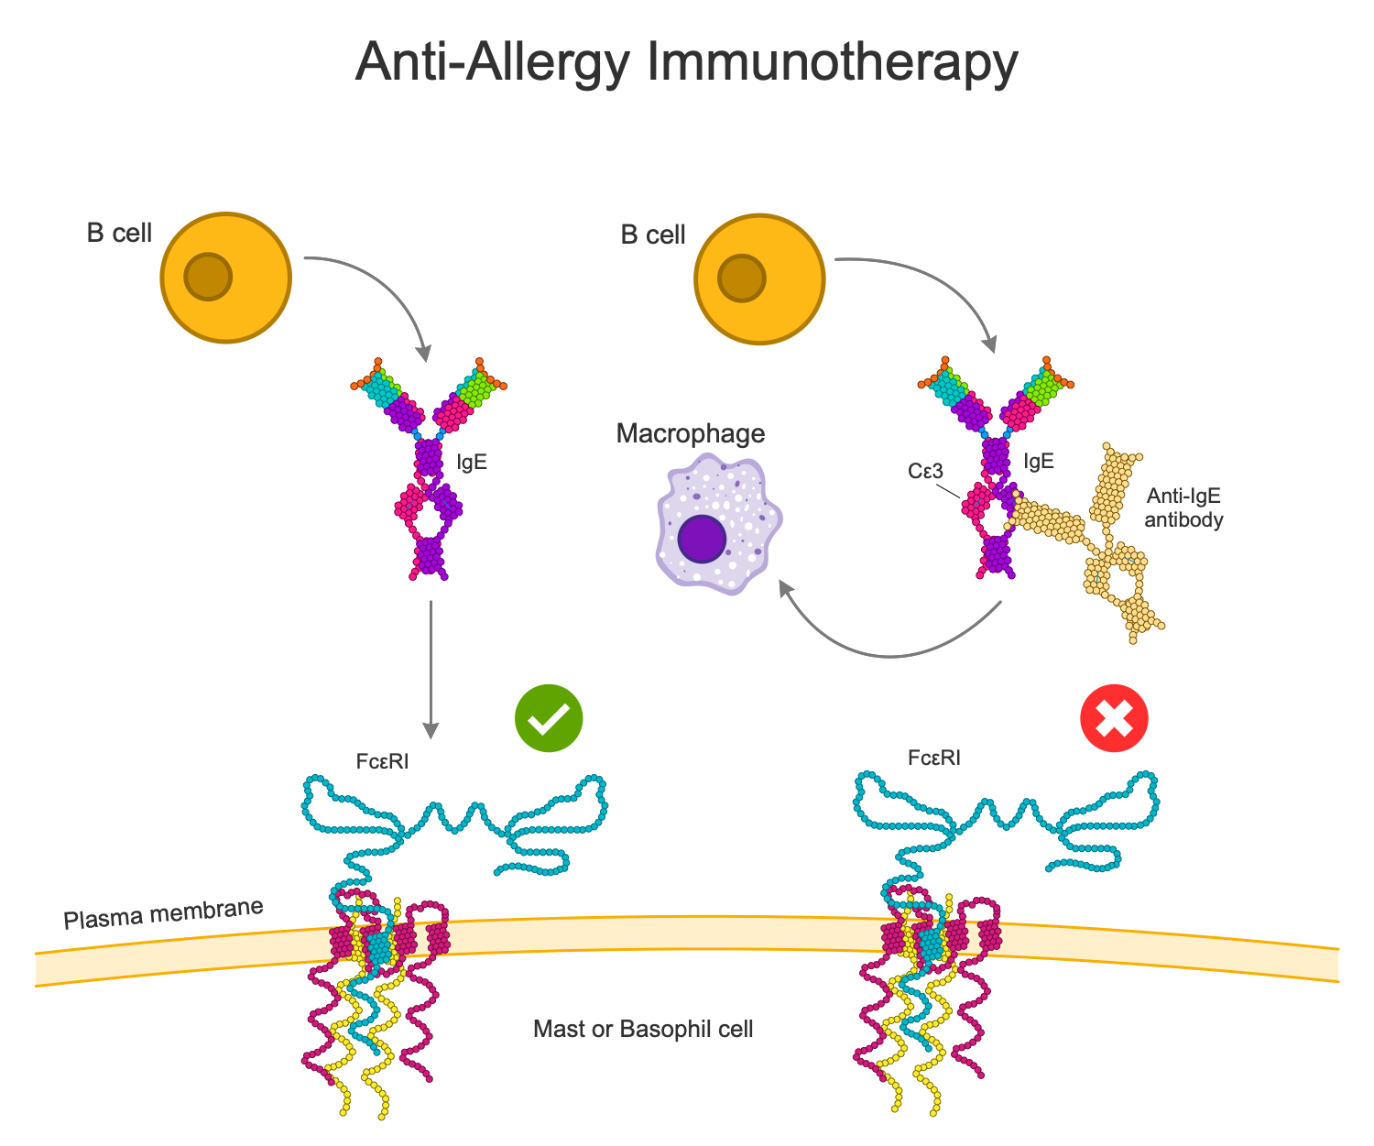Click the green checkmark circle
coord(549,718)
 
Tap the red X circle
coord(1114,718)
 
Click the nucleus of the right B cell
coord(741,278)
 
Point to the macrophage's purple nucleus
coord(702,539)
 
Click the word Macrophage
coord(690,433)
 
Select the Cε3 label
coord(925,471)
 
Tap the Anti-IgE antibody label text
coord(1183,508)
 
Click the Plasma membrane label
coord(163,913)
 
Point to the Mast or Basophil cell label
coord(643,1029)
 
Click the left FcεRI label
coord(382,760)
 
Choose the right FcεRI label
coord(934,758)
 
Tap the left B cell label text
coord(119,233)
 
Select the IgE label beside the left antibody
coord(472,462)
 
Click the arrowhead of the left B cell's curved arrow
coord(424,353)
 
